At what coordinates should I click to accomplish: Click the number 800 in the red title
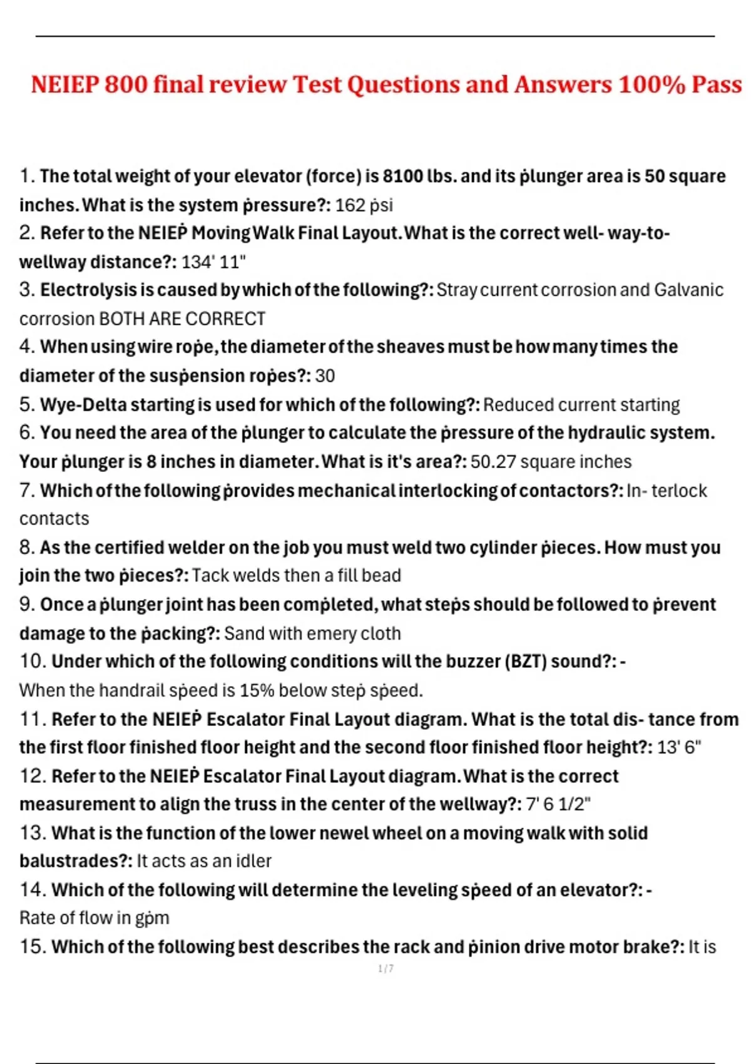(x=128, y=84)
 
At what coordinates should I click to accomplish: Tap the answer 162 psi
(x=364, y=205)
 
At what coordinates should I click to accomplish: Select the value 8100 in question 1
(x=403, y=176)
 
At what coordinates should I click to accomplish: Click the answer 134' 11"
(x=213, y=262)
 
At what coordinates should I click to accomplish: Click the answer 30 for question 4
(x=325, y=376)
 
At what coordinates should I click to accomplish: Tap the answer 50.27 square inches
(x=551, y=462)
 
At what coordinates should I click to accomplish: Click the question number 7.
(x=27, y=490)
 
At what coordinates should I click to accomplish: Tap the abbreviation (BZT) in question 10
(x=525, y=662)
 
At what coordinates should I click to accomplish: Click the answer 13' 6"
(x=679, y=747)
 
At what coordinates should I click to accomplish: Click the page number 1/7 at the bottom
(x=386, y=969)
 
